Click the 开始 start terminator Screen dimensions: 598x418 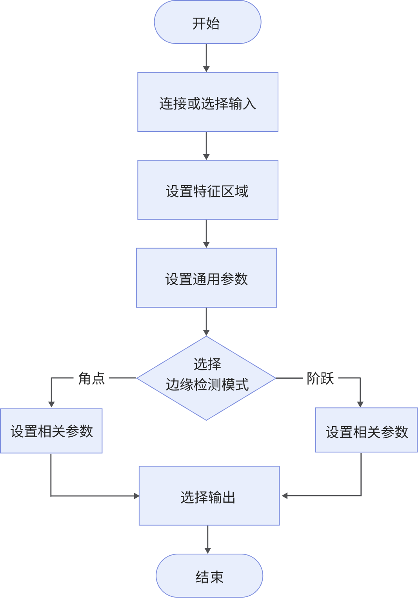(x=207, y=22)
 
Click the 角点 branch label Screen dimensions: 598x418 (x=91, y=378)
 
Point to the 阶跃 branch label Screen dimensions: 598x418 (x=320, y=378)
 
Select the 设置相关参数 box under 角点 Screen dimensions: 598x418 (x=51, y=431)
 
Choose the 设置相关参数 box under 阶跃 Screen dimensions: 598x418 (x=366, y=430)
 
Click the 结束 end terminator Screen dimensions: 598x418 (x=209, y=576)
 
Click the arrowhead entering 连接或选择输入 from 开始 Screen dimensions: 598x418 (x=206, y=69)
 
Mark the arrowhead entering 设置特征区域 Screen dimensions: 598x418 (x=206, y=157)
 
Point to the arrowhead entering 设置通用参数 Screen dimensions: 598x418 (x=206, y=244)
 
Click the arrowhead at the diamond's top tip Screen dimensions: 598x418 (x=206, y=333)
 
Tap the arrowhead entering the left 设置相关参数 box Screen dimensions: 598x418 (x=51, y=405)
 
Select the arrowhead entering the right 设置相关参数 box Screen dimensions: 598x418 (x=360, y=405)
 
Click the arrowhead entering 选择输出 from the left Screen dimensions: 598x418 (x=136, y=496)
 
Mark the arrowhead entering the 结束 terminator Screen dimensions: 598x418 (x=208, y=551)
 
